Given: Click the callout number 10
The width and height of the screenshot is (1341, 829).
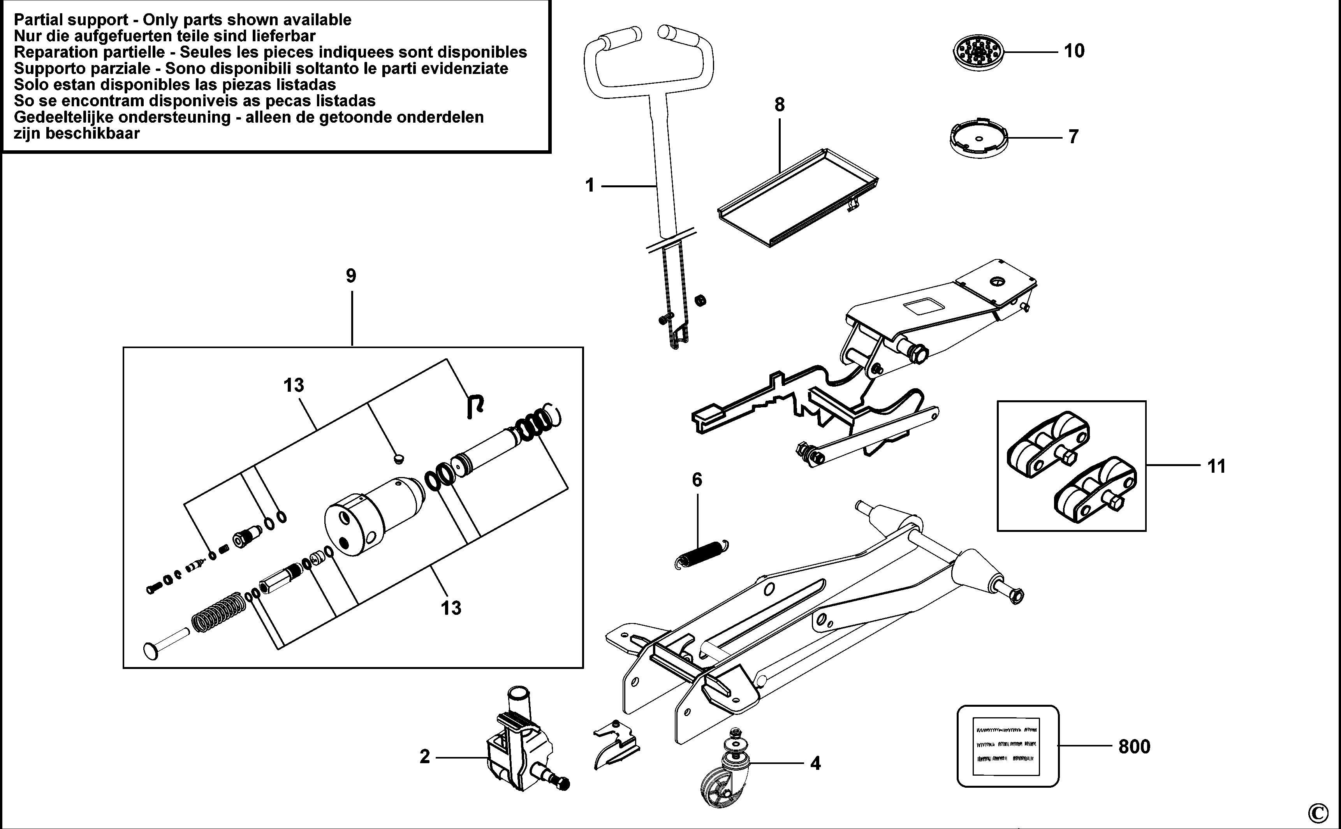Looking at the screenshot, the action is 1074,51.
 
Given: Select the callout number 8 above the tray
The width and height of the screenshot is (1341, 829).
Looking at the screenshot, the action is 779,104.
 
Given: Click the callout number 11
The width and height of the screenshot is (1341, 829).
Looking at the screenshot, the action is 1216,466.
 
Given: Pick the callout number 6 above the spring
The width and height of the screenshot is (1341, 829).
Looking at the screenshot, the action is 697,480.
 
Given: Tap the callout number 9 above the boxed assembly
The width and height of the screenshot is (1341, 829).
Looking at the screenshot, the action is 351,275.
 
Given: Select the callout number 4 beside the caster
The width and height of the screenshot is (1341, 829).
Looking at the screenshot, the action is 815,763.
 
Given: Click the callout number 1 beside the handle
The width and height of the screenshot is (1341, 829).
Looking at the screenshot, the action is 590,185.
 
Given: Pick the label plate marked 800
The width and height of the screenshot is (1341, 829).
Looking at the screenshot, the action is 1008,746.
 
